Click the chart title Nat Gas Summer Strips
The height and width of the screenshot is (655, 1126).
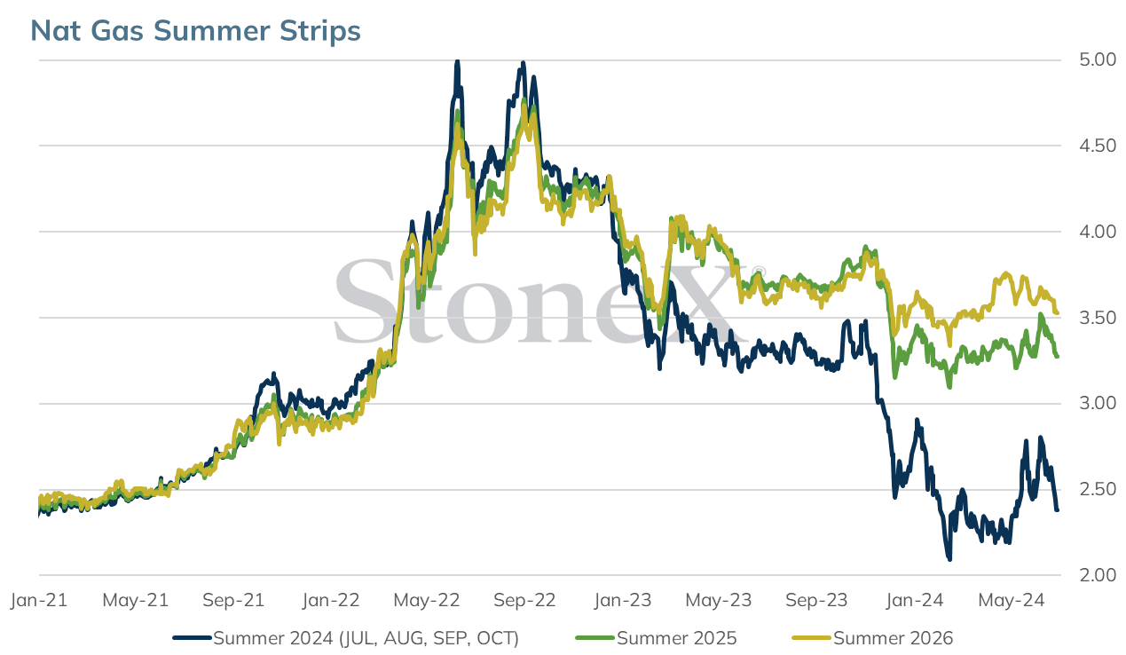coord(195,30)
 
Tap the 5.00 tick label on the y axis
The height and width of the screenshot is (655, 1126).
coord(1098,59)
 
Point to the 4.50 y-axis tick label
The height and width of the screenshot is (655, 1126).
coord(1098,146)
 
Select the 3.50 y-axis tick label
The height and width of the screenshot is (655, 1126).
coord(1098,318)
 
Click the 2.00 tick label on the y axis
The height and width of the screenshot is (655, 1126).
coord(1098,575)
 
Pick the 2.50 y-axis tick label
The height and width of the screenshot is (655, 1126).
coord(1098,489)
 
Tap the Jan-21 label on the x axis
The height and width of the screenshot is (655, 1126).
coord(39,600)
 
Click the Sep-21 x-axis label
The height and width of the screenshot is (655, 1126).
coord(233,600)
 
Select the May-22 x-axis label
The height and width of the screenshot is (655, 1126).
coord(427,600)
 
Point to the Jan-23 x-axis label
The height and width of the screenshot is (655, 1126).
coord(622,600)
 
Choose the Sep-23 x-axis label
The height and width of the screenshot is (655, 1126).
coord(816,600)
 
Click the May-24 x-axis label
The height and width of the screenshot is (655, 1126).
coord(1012,600)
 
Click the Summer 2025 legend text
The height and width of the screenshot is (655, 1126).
coord(677,638)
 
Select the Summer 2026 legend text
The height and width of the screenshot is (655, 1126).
coord(894,638)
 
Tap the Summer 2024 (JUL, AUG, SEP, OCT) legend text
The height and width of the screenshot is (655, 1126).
coord(366,638)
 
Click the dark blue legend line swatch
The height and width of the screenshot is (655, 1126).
coord(192,638)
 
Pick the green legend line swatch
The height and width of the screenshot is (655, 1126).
coord(595,638)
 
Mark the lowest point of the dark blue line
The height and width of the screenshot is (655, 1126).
coord(949,559)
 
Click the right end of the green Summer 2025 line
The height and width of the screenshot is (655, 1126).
coord(1057,357)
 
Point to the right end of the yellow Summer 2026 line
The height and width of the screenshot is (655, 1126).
coord(1057,313)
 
